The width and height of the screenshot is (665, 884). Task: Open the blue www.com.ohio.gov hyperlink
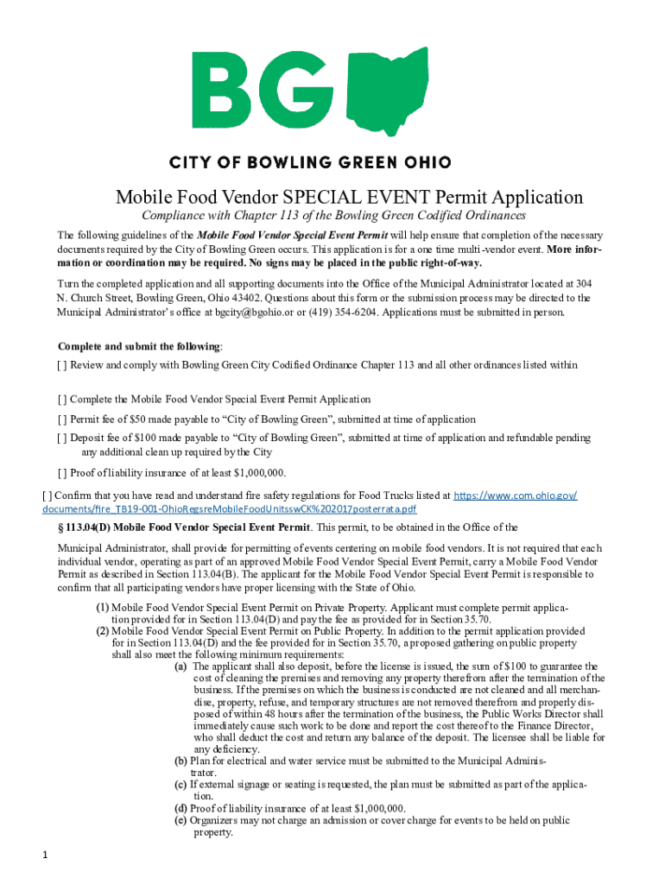click(516, 496)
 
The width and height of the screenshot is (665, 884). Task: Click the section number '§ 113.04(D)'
click(83, 527)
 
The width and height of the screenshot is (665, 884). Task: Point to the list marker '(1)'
click(101, 606)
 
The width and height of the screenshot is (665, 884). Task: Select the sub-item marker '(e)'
click(180, 821)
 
